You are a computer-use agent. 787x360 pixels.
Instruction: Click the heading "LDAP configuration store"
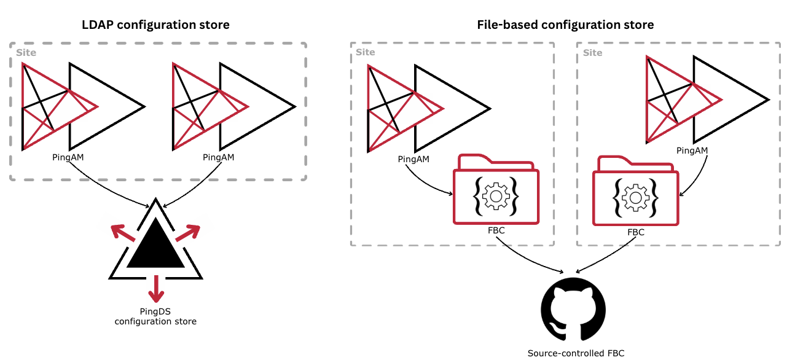155,25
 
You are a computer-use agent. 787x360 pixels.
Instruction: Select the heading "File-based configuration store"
565,25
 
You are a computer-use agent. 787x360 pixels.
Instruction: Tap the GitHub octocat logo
573,309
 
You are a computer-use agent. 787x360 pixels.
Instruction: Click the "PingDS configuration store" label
155,316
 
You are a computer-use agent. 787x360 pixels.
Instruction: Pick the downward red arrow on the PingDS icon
157,289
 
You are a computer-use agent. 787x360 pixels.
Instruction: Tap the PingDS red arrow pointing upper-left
120,233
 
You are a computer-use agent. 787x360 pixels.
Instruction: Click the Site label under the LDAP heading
26,53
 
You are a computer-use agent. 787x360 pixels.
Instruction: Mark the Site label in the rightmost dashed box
592,53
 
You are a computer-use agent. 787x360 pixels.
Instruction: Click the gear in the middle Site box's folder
496,196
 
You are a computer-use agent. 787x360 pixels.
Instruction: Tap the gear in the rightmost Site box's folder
635,197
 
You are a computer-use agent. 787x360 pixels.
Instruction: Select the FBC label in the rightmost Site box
636,232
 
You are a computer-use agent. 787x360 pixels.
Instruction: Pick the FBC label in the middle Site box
496,230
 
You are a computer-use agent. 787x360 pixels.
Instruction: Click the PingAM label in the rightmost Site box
692,151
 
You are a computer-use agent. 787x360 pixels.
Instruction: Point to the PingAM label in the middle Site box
413,159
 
